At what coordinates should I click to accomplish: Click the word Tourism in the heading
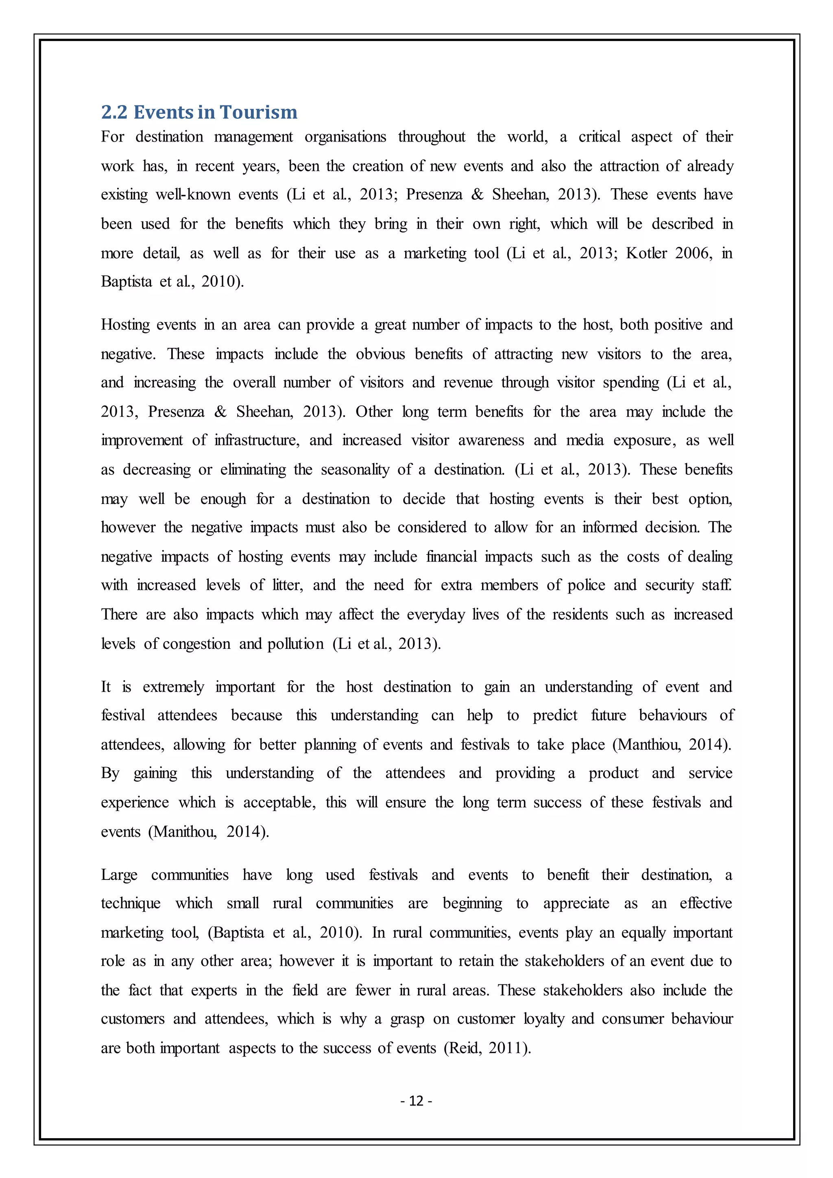[259, 112]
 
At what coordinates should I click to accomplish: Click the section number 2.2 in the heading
[114, 112]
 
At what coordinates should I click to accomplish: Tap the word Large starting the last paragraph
[119, 875]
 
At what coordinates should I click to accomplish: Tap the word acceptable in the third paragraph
[279, 803]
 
